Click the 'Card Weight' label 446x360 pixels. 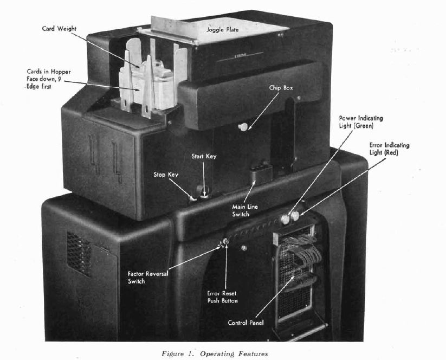[x=57, y=29]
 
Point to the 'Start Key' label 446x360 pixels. [x=204, y=157]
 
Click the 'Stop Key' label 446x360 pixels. [x=165, y=175]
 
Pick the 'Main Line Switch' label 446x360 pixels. [x=241, y=210]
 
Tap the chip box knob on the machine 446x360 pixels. [x=242, y=127]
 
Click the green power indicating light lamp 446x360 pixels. [x=285, y=218]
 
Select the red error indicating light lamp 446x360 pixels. [x=296, y=217]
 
